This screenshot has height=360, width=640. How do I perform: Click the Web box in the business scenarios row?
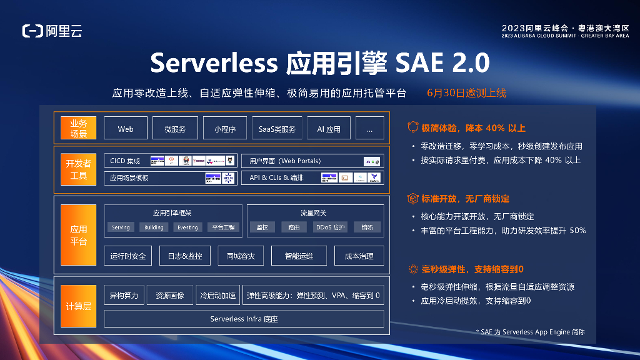pos(126,129)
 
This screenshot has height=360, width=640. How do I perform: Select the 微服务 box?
pos(175,129)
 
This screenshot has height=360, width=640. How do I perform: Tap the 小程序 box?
pos(224,129)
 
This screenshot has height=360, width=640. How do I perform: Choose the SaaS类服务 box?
pos(277,129)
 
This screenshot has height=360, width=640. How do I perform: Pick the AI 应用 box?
pos(329,129)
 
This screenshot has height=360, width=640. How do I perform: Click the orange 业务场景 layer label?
pos(79,129)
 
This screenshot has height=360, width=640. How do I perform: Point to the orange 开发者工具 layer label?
pos(79,169)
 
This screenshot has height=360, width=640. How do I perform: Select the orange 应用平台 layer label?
pos(79,235)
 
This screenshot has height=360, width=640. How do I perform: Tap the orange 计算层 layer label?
pos(79,306)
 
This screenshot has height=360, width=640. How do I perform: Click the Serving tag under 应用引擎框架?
pos(121,227)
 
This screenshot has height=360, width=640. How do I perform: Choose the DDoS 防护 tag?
pos(331,227)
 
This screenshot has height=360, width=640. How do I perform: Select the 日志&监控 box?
pos(181,256)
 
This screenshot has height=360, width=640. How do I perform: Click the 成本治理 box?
pos(359,256)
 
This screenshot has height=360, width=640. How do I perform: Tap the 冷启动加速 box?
pos(217,295)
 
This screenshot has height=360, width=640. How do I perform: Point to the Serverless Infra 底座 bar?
pos(244,319)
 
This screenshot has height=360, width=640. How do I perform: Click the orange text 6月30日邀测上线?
pos(466,93)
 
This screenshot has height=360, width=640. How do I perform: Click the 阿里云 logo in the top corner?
pos(52,30)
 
